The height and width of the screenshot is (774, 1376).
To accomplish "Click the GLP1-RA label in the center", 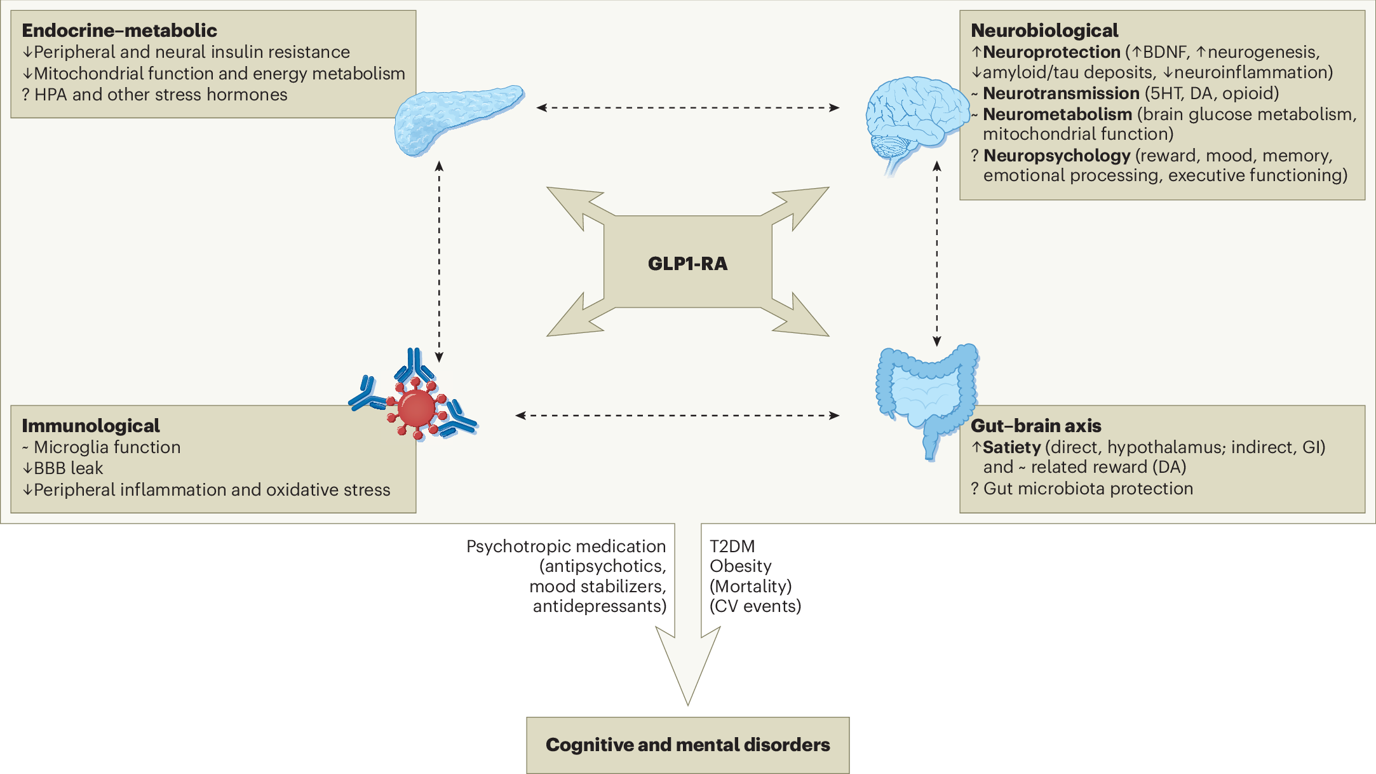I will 687,263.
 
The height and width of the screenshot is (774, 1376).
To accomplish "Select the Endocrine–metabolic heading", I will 119,31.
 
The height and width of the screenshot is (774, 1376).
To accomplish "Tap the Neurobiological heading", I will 1044,31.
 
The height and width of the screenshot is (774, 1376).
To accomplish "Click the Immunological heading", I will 91,426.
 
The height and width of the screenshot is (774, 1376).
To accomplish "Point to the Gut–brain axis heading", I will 1036,426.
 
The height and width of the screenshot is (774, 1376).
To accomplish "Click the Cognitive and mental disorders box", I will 687,745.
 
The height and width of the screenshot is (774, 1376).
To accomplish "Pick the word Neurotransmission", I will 1061,93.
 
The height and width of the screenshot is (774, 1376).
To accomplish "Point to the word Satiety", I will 1011,447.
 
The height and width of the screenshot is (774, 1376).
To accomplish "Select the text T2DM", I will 732,547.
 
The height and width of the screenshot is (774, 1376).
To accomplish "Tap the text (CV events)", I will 755,606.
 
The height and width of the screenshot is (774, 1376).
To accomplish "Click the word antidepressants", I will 598,606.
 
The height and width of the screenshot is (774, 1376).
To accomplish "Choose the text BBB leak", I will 68,468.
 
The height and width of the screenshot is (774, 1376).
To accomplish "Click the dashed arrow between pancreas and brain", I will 687,108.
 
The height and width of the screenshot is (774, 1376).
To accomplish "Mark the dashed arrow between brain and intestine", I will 937,254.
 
